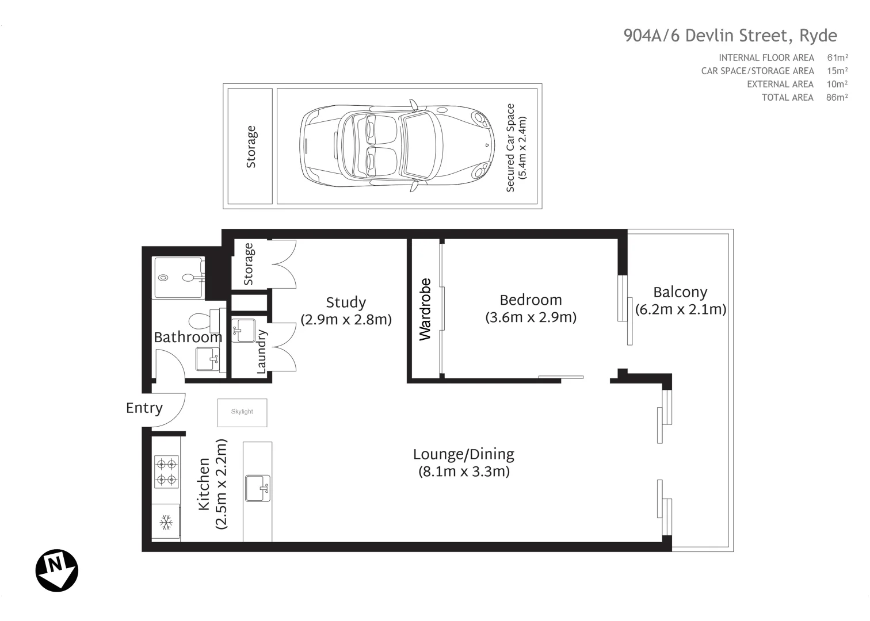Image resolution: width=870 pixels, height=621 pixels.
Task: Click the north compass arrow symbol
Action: [57, 570]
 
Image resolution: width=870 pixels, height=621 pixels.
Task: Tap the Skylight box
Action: [242, 412]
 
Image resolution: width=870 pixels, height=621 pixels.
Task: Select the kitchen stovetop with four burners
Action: [167, 471]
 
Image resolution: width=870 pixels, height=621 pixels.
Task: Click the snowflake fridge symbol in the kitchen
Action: [166, 523]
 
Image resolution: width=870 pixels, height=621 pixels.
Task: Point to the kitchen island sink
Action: [257, 488]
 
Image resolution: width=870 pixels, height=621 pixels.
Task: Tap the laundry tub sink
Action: [243, 330]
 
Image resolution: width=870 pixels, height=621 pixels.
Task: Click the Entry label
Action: [144, 408]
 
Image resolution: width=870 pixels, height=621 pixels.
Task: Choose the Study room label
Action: [346, 302]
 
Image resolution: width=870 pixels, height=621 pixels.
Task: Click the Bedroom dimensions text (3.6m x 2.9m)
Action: [531, 317]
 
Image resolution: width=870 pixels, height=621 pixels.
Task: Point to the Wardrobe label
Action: [425, 309]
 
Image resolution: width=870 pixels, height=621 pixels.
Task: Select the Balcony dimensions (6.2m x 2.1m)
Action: [681, 309]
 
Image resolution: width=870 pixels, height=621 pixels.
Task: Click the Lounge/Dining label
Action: [464, 454]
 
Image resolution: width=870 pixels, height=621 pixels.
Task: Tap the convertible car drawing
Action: [397, 146]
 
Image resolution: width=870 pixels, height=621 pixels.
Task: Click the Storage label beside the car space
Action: [251, 147]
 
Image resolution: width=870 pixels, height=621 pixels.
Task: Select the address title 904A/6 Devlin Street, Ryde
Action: [730, 36]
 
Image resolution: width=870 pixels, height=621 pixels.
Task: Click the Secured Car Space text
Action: [510, 147]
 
